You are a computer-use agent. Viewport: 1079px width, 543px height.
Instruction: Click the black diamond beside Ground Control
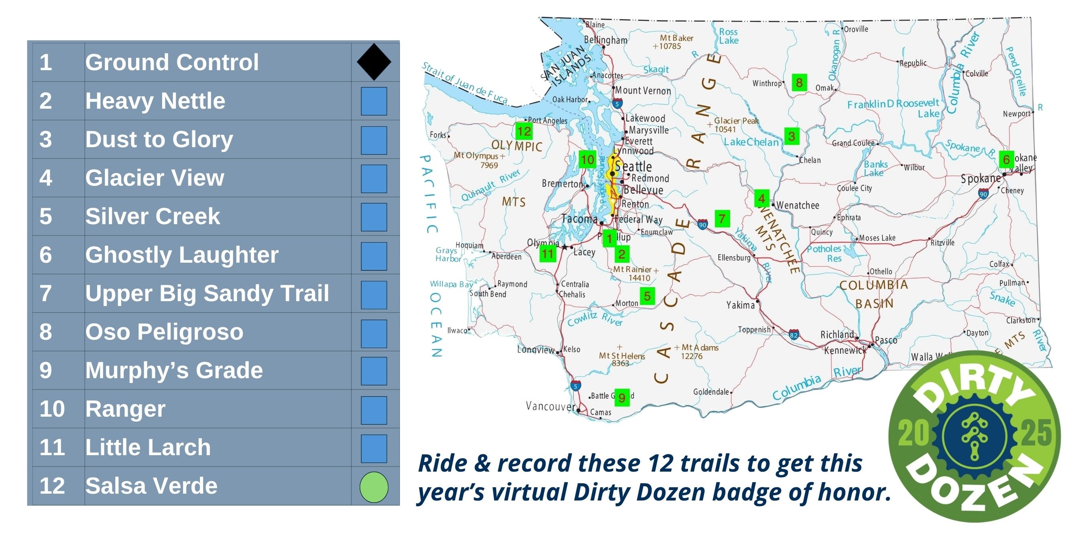point(374,62)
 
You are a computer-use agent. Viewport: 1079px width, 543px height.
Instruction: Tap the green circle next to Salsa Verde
point(374,486)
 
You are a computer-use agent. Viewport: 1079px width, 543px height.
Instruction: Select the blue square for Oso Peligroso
point(374,333)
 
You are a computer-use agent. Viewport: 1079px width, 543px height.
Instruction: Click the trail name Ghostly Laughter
point(182,255)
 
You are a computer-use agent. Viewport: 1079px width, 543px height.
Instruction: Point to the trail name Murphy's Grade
point(174,370)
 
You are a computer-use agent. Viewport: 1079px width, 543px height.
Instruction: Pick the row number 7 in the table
point(46,293)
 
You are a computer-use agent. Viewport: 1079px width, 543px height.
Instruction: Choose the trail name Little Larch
point(148,447)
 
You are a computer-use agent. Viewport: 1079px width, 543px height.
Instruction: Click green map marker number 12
point(523,131)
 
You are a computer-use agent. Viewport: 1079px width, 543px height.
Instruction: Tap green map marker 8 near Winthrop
point(799,82)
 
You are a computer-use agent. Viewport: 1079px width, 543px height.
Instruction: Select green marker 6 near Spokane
point(1006,159)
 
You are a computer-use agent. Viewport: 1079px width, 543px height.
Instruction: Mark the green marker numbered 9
point(622,397)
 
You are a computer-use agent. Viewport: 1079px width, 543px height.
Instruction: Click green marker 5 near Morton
point(647,296)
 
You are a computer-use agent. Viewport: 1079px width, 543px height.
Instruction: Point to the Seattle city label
point(633,166)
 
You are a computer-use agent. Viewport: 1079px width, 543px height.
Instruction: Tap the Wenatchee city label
point(798,205)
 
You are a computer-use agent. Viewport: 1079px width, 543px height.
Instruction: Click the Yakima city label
point(740,305)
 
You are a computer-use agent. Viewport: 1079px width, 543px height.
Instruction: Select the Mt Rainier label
point(632,269)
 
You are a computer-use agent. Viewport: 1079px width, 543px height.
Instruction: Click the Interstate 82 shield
point(793,335)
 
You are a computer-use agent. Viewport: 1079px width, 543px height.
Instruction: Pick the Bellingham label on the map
point(606,40)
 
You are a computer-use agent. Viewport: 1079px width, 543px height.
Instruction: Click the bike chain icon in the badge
point(974,436)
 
